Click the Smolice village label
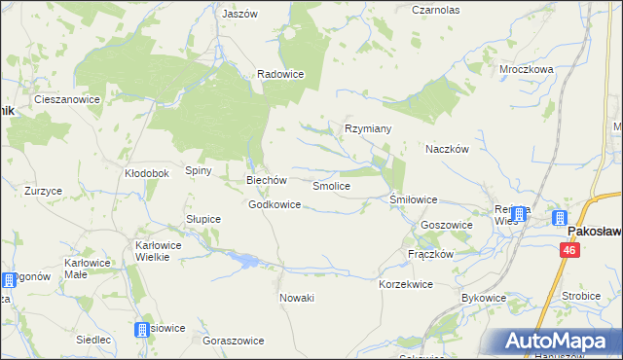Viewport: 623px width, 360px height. [x=331, y=185]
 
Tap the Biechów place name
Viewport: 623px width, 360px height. [x=266, y=180]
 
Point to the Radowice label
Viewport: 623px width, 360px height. [x=280, y=74]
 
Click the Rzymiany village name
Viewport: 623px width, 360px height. [x=368, y=128]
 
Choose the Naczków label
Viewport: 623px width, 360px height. [x=448, y=150]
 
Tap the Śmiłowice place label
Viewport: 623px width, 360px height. [x=413, y=199]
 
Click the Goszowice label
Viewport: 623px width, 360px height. [x=446, y=225]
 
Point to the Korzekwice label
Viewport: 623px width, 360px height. [x=405, y=284]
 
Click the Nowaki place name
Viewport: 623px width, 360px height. [x=297, y=298]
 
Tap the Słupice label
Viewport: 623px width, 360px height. [x=203, y=219]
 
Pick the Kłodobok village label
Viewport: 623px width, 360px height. [x=147, y=173]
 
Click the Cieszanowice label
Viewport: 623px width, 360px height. [x=69, y=99]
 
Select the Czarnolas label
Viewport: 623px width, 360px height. [x=435, y=10]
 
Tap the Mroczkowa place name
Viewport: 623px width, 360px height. [x=526, y=70]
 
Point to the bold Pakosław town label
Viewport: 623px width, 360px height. [x=595, y=234]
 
